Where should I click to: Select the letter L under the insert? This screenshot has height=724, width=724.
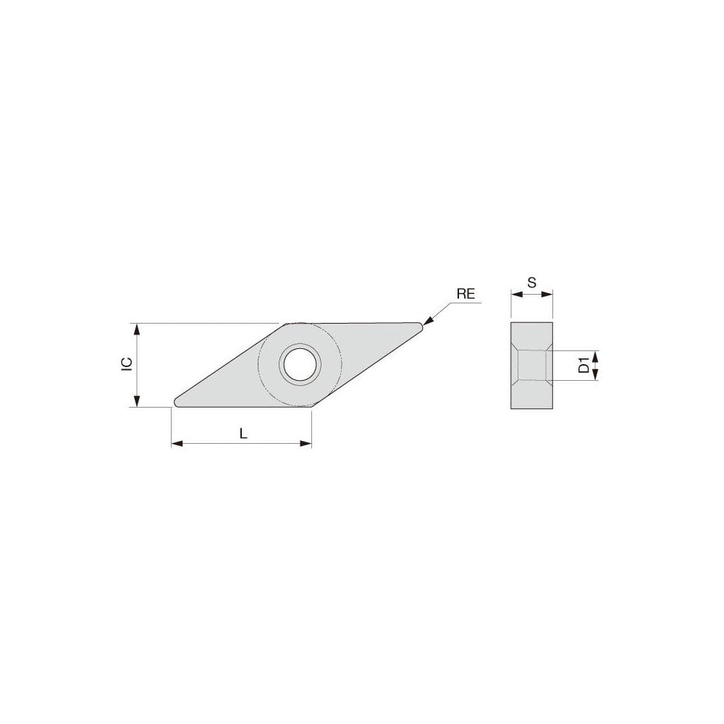coord(243,434)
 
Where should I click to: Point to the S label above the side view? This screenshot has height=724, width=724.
coord(531,283)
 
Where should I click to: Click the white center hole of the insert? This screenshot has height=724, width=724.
coord(300,364)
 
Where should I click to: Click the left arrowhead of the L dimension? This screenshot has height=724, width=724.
coord(176,443)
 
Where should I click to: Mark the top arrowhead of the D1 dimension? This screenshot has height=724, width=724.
coord(595,354)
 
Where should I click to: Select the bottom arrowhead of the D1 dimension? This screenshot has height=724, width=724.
coord(595,375)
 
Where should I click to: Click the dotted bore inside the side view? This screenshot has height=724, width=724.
coord(531,365)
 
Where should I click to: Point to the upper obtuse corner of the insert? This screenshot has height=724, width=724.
coord(287,324)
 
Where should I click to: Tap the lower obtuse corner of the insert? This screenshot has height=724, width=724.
coord(311,406)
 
